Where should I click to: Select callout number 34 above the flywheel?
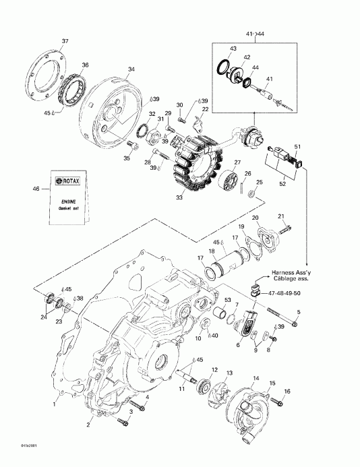coord(131,69)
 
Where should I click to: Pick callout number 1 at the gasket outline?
coord(55,405)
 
